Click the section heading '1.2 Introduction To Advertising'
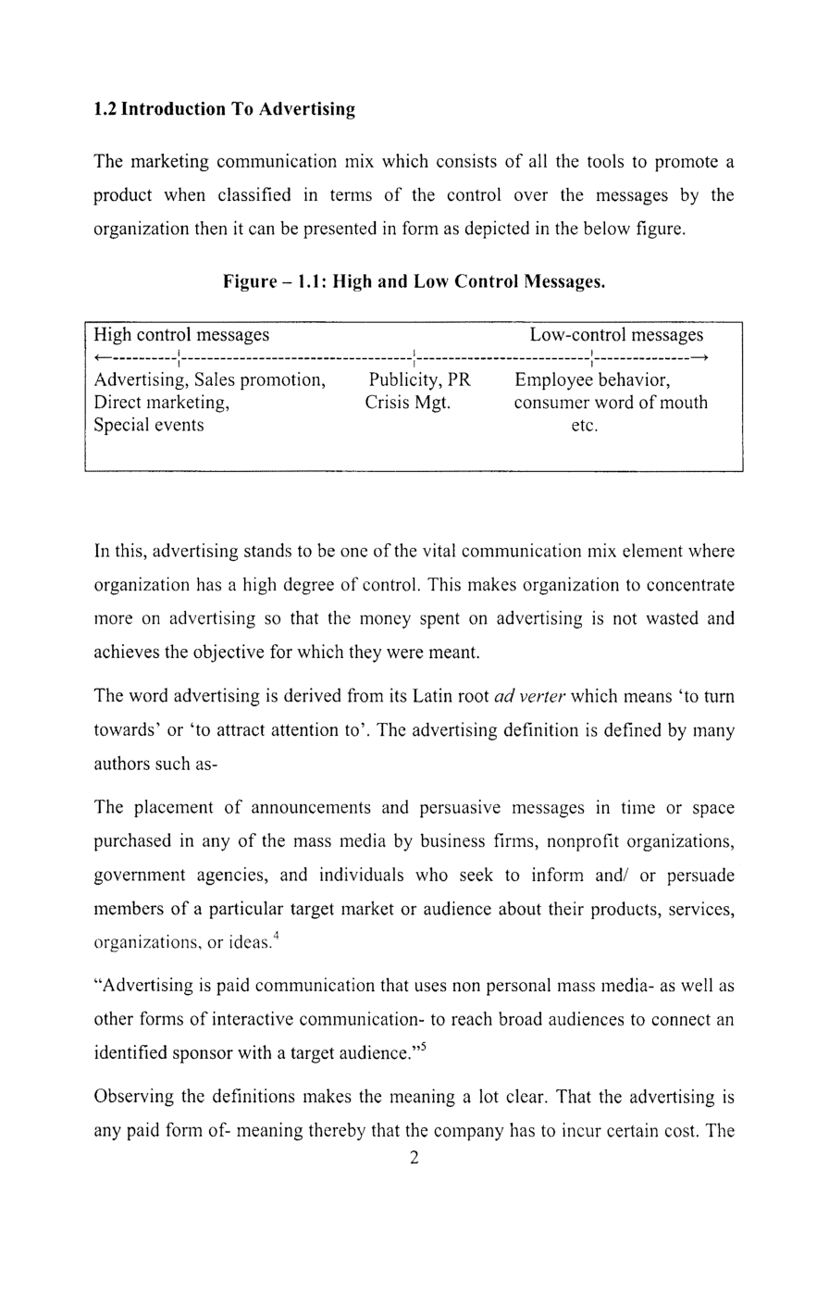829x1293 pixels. tap(225, 109)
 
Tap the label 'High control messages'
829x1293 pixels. tap(182, 334)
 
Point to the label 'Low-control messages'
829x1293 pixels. tap(616, 334)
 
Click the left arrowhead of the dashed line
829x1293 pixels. tap(101, 357)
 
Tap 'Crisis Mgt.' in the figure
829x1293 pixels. tap(407, 403)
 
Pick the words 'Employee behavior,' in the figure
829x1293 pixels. tap(592, 380)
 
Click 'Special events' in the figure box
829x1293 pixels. tap(149, 425)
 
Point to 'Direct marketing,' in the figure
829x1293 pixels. tap(162, 403)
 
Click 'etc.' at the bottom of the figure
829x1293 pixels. tap(585, 426)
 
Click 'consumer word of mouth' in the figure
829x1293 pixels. tap(611, 403)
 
